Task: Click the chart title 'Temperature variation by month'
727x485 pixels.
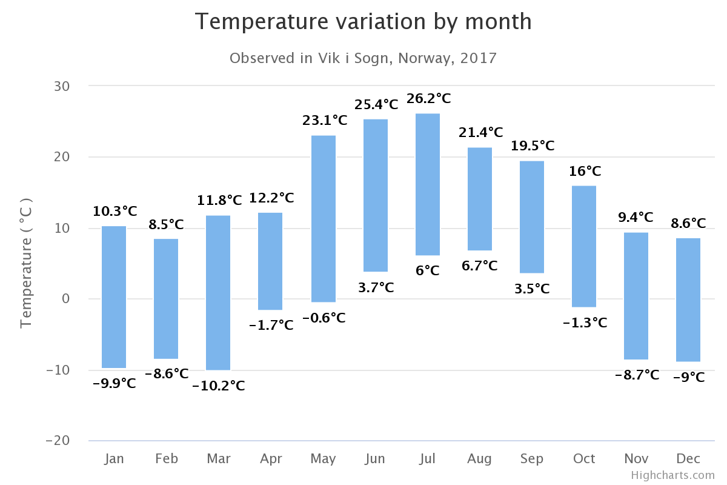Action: [363, 22]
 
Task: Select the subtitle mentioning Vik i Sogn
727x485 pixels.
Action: [363, 58]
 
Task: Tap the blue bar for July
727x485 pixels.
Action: [428, 184]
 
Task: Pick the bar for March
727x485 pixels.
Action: [218, 292]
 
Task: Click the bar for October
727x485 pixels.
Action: [584, 246]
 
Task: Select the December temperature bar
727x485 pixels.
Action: [688, 299]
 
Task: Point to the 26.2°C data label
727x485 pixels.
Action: [429, 98]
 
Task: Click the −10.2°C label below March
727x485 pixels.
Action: [219, 386]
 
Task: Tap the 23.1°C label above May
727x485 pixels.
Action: [325, 120]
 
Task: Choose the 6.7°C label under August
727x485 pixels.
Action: [479, 266]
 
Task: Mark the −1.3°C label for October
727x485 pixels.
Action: [585, 323]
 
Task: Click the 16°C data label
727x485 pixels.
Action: [585, 171]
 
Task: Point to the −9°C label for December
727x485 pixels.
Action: [689, 377]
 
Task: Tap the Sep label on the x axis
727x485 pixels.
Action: [532, 458]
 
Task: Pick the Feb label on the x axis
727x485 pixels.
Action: [167, 458]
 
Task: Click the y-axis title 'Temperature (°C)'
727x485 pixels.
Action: [26, 263]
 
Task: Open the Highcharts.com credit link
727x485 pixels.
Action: [672, 475]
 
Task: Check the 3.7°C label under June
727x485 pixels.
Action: [376, 287]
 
